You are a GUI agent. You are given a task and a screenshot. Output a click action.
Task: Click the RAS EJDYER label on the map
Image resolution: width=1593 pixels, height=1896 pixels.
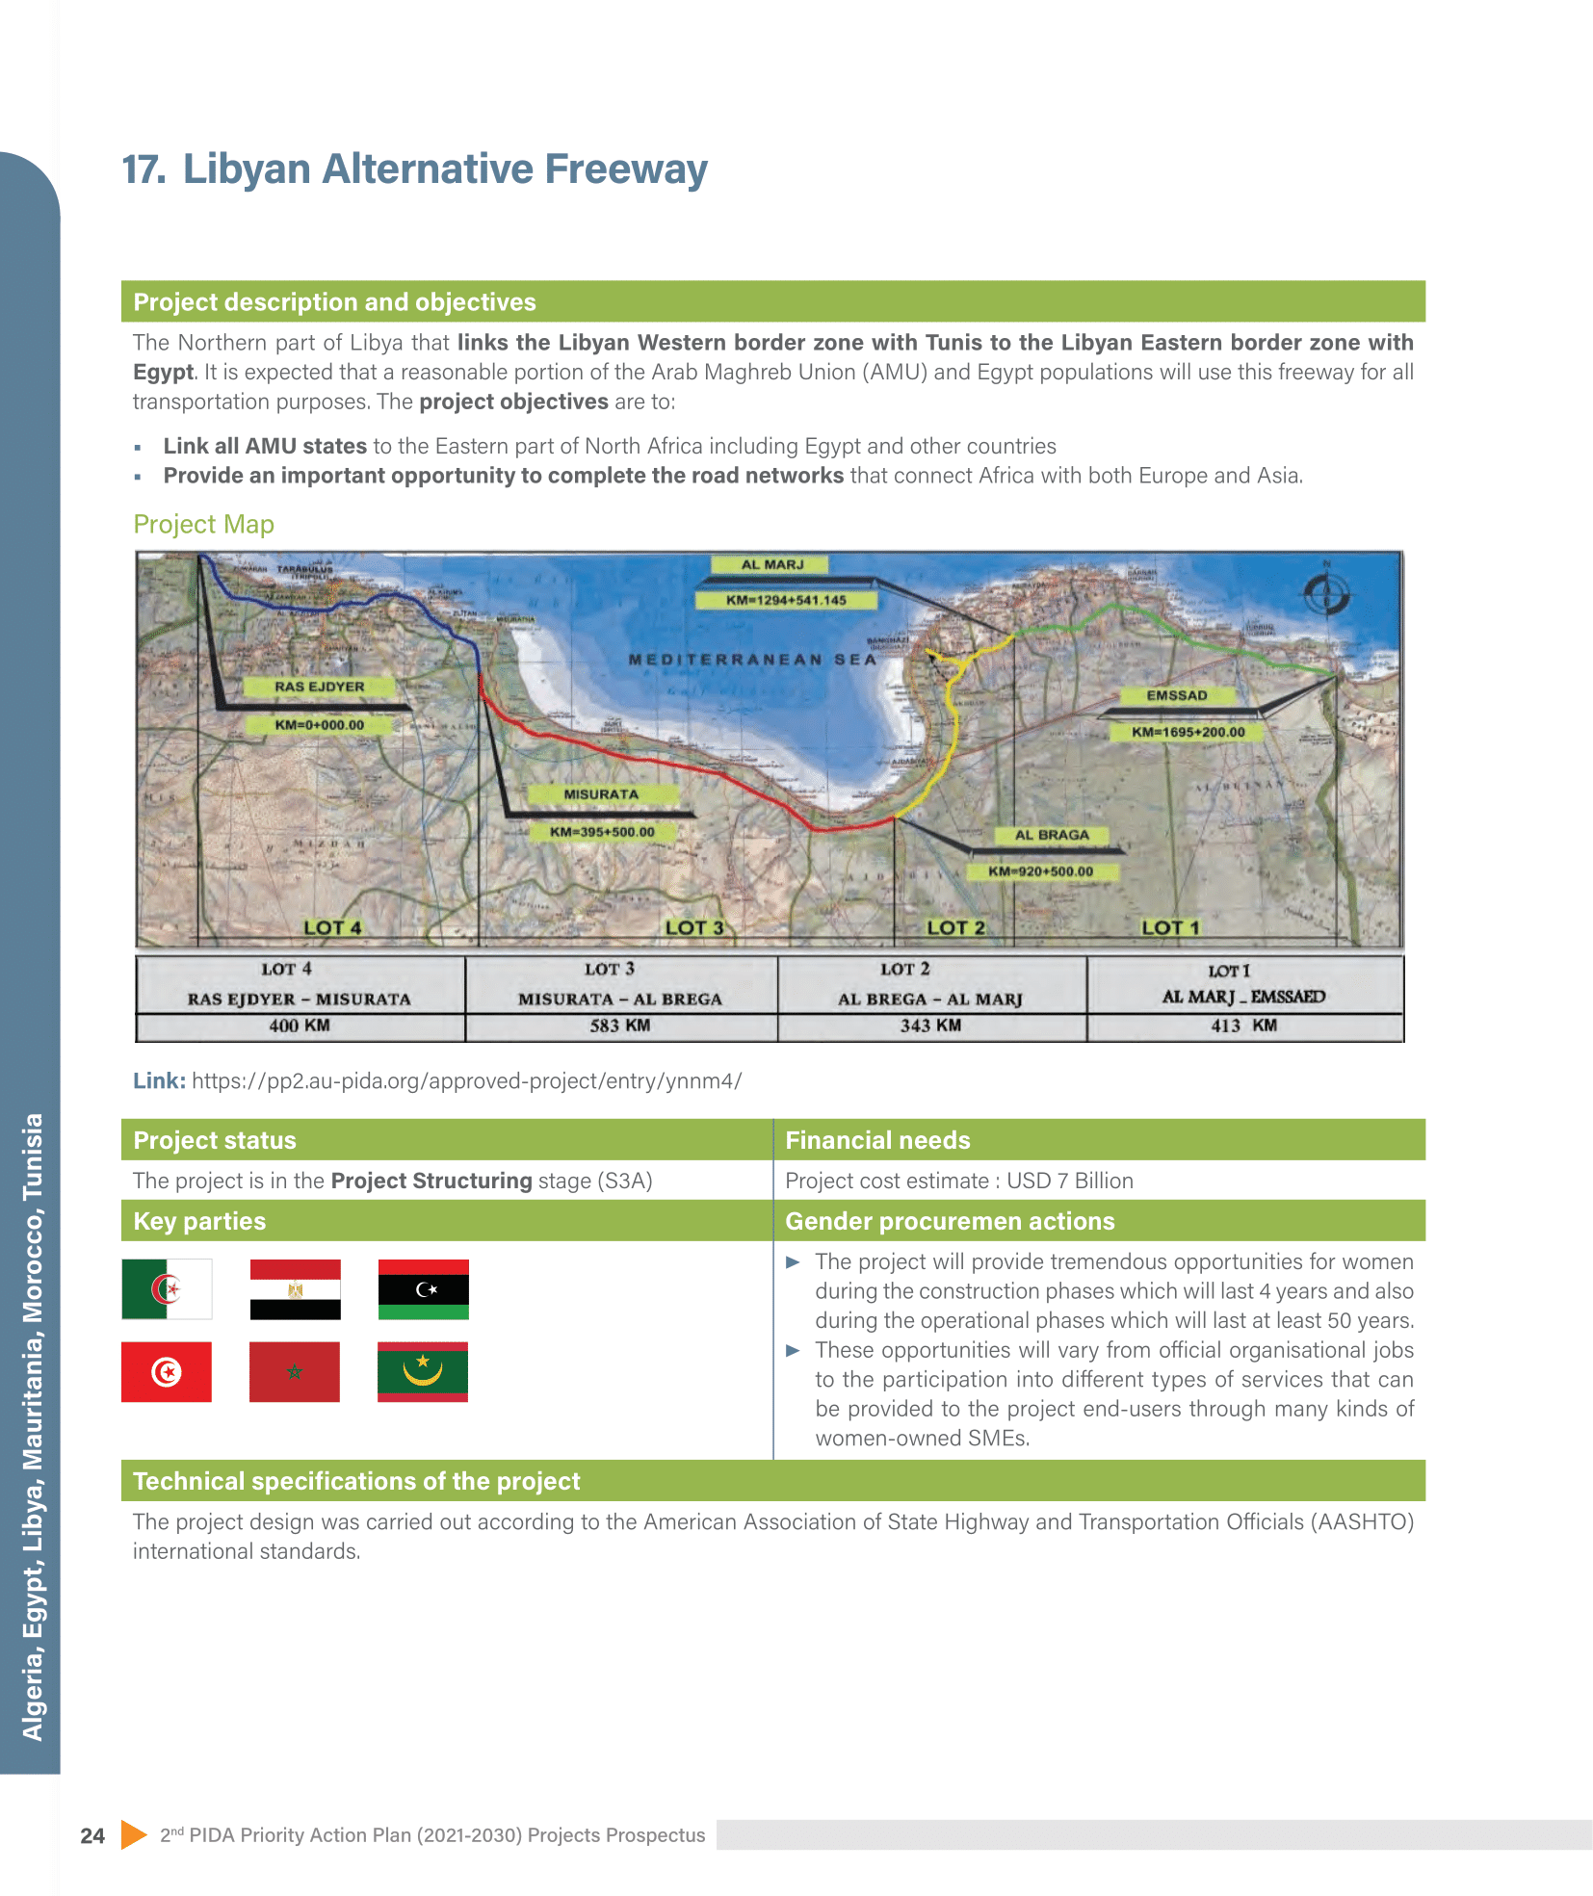(x=319, y=687)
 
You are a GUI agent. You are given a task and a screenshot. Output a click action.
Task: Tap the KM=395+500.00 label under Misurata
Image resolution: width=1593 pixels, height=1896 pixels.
(x=602, y=832)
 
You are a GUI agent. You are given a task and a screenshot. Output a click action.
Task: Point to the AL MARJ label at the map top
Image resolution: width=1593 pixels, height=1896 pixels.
(x=771, y=564)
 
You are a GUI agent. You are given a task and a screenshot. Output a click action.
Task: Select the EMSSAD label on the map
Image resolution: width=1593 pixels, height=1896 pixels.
(x=1176, y=695)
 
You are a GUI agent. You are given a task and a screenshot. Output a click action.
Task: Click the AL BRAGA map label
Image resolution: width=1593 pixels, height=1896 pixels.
(x=1052, y=835)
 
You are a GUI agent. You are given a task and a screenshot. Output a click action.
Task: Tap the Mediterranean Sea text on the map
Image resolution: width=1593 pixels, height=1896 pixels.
(x=752, y=660)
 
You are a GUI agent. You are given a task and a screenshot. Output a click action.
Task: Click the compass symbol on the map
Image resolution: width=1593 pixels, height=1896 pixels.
(x=1326, y=592)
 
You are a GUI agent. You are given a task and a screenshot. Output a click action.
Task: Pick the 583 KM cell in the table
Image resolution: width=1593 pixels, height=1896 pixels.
(x=620, y=1026)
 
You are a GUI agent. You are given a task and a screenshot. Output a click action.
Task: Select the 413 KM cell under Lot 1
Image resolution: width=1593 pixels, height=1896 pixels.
(x=1243, y=1026)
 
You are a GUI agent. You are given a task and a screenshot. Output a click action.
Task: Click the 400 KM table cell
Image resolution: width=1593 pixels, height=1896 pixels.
(x=300, y=1026)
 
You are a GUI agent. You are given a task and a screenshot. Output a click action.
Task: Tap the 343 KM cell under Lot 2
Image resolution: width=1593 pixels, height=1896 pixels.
(x=930, y=1026)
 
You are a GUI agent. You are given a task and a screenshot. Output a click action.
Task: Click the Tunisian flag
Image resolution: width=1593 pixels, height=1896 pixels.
(x=167, y=1371)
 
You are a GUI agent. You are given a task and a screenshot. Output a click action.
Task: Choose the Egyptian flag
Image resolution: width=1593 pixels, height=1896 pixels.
(x=295, y=1289)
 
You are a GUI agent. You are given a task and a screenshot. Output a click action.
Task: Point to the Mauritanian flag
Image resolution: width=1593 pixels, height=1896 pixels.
(x=423, y=1371)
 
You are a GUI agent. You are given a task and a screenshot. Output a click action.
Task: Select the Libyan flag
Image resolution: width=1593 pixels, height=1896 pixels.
(x=423, y=1289)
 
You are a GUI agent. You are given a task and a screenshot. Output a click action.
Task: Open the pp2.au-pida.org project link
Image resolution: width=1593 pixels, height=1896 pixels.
(x=466, y=1080)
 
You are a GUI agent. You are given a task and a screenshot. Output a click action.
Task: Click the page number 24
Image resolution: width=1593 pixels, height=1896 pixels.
(x=92, y=1835)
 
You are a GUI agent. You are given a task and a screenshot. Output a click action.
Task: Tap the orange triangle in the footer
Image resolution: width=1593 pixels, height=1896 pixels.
(x=134, y=1834)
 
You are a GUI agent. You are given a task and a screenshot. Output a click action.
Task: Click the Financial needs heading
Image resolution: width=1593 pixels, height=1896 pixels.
(x=877, y=1140)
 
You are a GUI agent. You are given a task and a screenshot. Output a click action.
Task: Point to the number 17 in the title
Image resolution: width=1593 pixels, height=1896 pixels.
(x=144, y=169)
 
